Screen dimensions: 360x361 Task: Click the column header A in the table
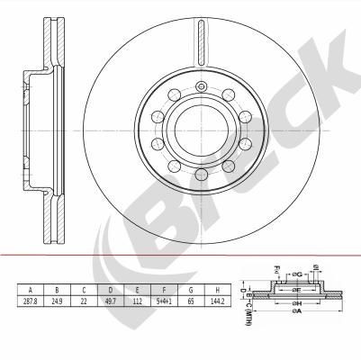pyautogui.click(x=31, y=289)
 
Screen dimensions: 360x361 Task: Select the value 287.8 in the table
pyautogui.click(x=31, y=301)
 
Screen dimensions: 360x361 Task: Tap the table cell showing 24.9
pyautogui.click(x=58, y=301)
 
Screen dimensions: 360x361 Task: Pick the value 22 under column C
pyautogui.click(x=84, y=301)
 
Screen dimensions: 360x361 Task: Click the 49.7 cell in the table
pyautogui.click(x=111, y=301)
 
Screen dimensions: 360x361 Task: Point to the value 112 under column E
pyautogui.click(x=138, y=301)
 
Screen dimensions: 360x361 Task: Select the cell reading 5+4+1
pyautogui.click(x=164, y=301)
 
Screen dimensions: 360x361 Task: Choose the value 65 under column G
pyautogui.click(x=191, y=301)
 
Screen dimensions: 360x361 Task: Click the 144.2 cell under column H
pyautogui.click(x=217, y=301)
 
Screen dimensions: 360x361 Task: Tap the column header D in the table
pyautogui.click(x=111, y=289)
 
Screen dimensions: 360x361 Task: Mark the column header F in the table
pyautogui.click(x=164, y=289)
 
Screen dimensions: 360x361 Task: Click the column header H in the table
pyautogui.click(x=217, y=289)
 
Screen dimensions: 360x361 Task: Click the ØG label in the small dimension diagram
pyautogui.click(x=299, y=273)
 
